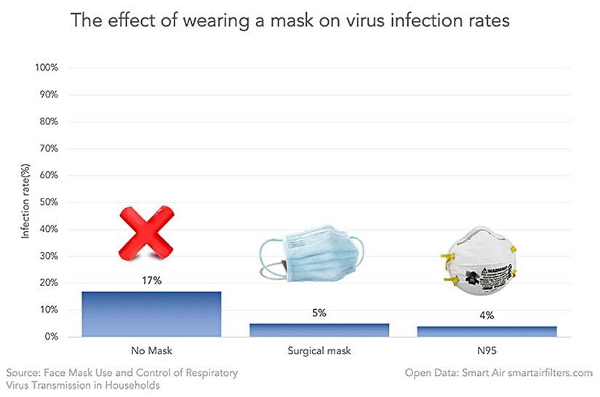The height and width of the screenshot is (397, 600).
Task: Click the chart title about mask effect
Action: pos(290,20)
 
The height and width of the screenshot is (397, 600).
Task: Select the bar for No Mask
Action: pos(151,314)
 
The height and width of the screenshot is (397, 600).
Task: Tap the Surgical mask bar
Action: pos(319,330)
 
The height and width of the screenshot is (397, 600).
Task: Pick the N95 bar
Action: pos(487,332)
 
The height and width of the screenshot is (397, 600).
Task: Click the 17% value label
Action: pos(151,280)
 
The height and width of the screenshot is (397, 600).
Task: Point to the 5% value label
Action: pos(319,313)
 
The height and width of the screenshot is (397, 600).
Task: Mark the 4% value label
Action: pos(487,316)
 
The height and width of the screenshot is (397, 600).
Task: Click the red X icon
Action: pos(147,232)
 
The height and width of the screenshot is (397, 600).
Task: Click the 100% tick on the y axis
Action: pos(46,68)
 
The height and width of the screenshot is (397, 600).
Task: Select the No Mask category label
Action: pos(151,351)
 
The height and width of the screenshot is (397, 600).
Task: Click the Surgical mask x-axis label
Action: pos(319,351)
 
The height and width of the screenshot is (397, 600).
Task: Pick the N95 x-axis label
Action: pos(487,351)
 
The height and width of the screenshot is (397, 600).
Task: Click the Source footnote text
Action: pos(121,379)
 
